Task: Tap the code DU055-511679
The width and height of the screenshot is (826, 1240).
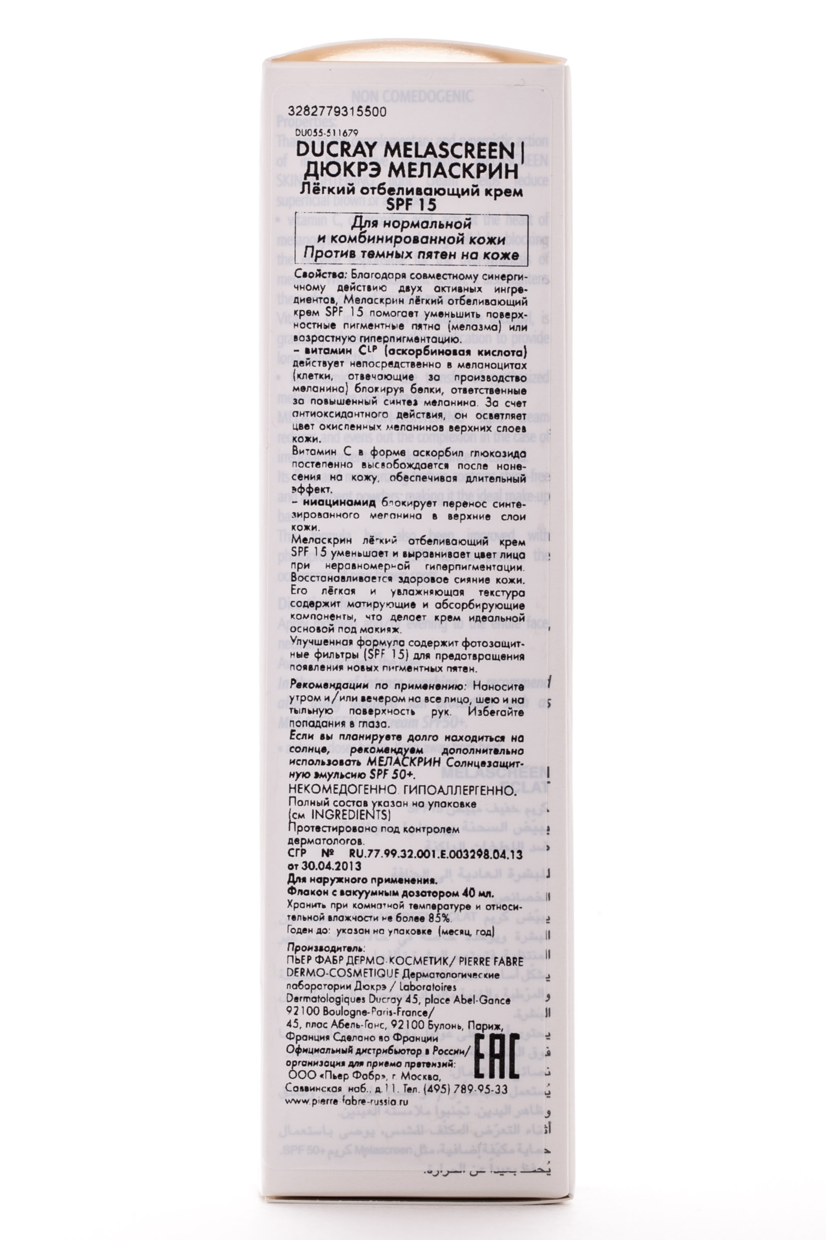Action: click(x=327, y=134)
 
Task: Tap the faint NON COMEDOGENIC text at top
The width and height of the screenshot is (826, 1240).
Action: click(x=412, y=97)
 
